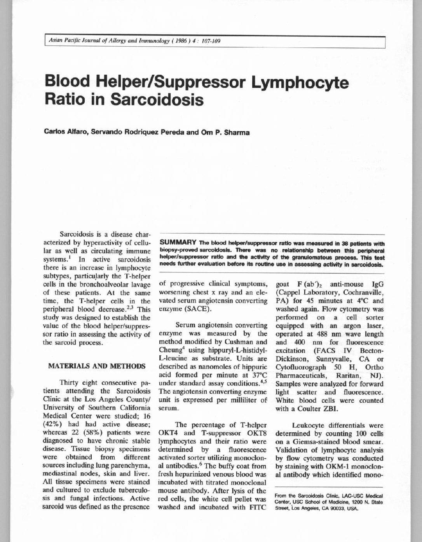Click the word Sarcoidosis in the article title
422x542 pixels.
pos(157,99)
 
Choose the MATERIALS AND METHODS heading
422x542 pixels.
pos(96,366)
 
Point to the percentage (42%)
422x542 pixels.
pos(53,424)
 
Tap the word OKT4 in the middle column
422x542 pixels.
pos(168,433)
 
